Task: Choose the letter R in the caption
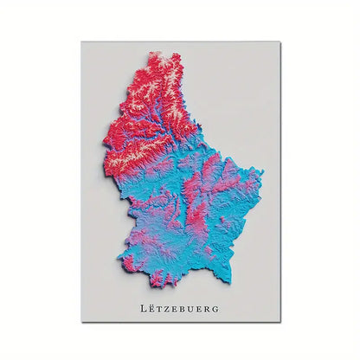coord(209,306)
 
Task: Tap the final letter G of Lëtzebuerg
coord(217,306)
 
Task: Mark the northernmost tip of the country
coord(157,53)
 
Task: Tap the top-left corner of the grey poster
coord(82,42)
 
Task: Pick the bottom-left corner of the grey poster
coord(82,321)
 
